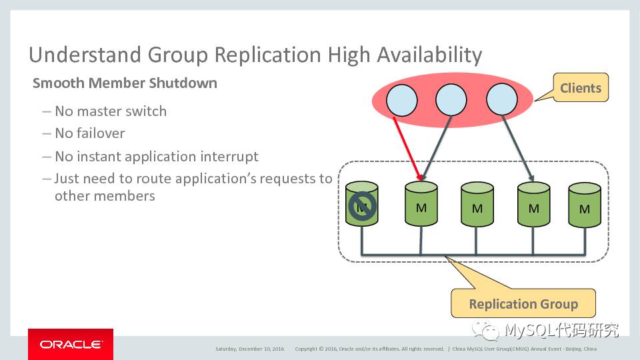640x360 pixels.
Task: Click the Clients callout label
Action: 580,88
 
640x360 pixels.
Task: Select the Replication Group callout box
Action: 523,304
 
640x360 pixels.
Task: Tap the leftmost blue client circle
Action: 401,101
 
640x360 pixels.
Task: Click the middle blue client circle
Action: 451,101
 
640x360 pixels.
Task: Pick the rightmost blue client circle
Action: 502,101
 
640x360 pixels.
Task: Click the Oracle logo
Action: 71,344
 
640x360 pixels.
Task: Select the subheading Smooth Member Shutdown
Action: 125,83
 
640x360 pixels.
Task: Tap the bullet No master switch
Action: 111,111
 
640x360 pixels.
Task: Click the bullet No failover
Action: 90,133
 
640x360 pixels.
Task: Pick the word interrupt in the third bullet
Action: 230,157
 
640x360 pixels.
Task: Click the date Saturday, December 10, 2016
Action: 249,349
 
